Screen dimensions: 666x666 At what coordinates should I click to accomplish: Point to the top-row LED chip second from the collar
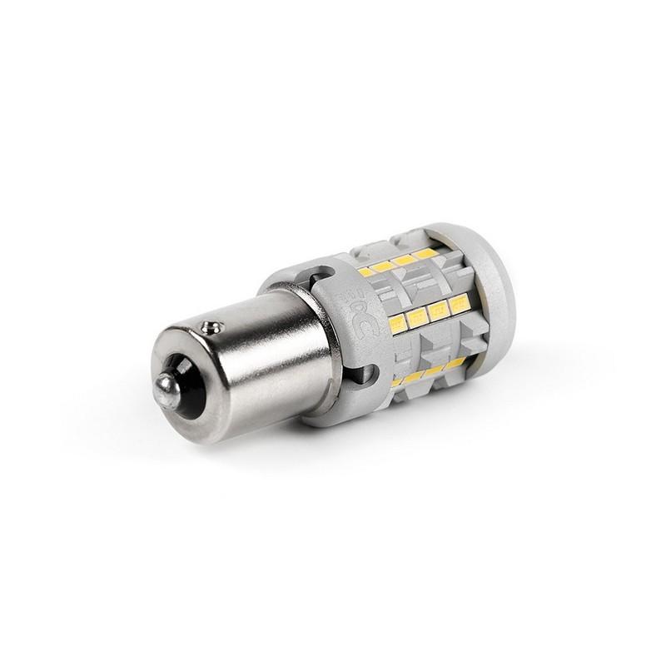[x=384, y=266]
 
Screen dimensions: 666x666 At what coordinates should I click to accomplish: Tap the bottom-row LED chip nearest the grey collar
[x=397, y=381]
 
